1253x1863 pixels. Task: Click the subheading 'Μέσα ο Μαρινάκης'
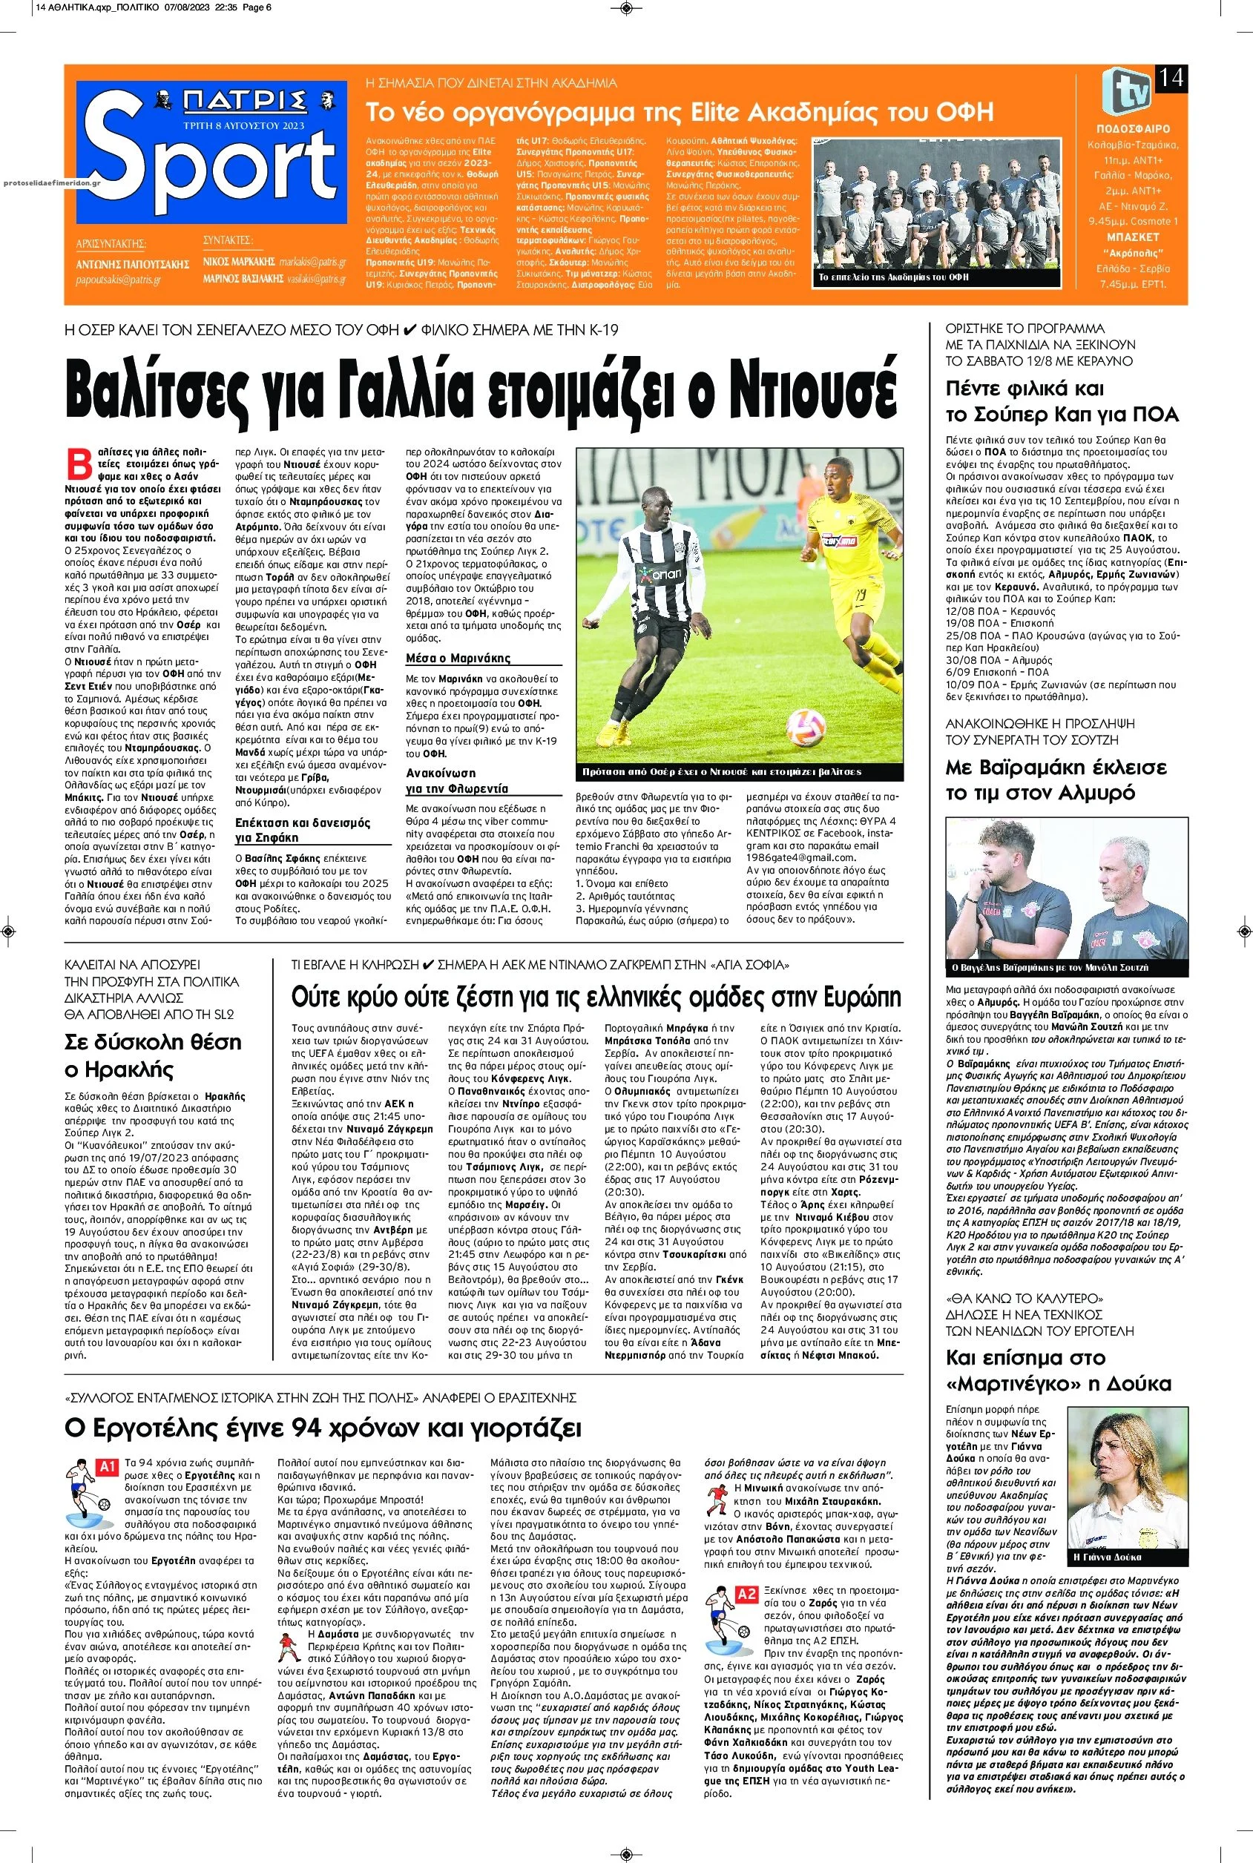tap(458, 659)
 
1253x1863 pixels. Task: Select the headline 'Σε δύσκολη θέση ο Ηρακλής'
tap(153, 1055)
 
